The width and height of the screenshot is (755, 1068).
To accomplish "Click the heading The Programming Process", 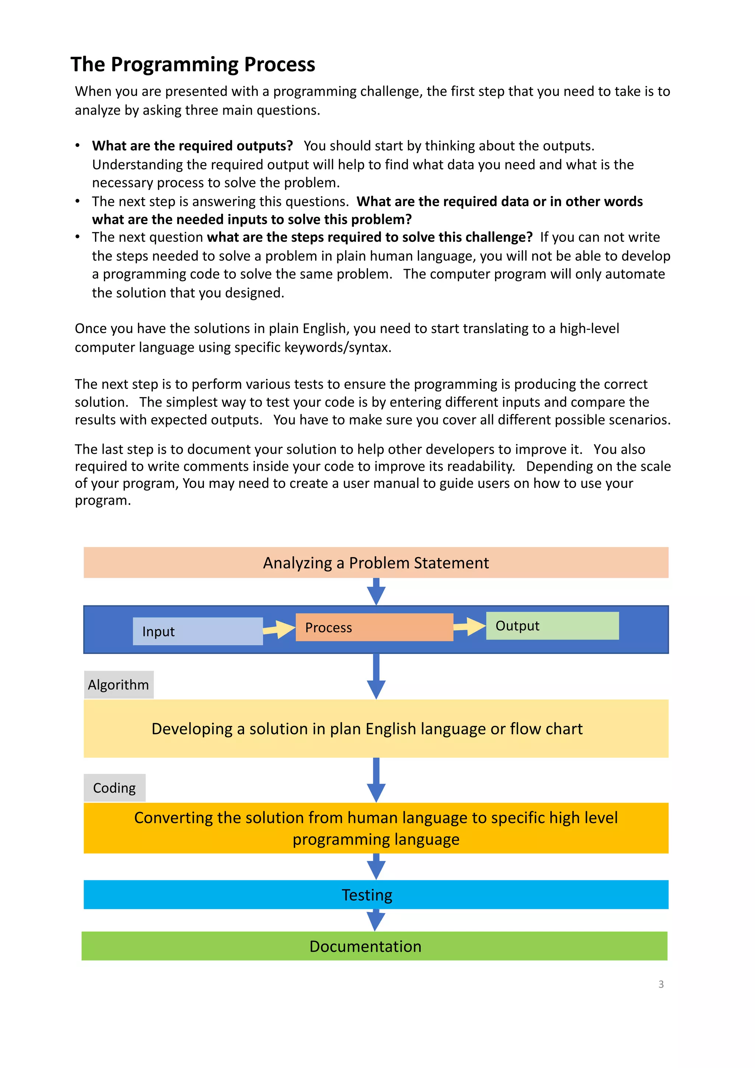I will pyautogui.click(x=192, y=64).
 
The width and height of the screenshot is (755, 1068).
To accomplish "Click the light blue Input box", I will pyautogui.click(x=198, y=631).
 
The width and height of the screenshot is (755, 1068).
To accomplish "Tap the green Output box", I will pyautogui.click(x=552, y=626).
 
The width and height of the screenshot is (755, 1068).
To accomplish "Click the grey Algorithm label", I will pyautogui.click(x=119, y=685).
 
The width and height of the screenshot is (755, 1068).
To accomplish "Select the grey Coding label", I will pyautogui.click(x=114, y=788).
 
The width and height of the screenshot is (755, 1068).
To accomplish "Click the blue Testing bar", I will pyautogui.click(x=376, y=894).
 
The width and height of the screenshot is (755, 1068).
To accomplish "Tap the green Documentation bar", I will pyautogui.click(x=375, y=946).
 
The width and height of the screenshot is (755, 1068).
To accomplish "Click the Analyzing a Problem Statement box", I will pyautogui.click(x=376, y=563).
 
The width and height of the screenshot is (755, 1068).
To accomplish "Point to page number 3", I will pyautogui.click(x=661, y=984).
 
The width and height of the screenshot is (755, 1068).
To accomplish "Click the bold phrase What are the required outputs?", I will pyautogui.click(x=192, y=146).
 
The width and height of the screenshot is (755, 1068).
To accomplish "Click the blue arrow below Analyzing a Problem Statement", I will pyautogui.click(x=376, y=592).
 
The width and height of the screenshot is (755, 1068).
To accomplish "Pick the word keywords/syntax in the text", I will pyautogui.click(x=338, y=348).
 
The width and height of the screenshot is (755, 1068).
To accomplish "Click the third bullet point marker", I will pyautogui.click(x=78, y=237).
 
